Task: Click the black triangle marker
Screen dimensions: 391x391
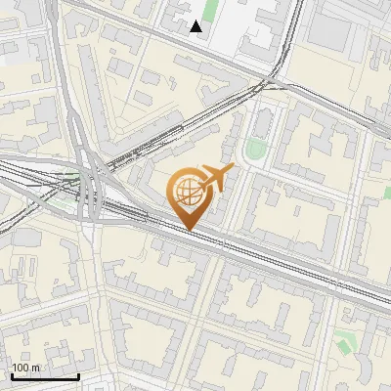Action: click(x=196, y=26)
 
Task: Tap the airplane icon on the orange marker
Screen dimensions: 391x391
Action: click(x=214, y=177)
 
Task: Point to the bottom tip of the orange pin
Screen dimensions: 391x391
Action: click(x=189, y=231)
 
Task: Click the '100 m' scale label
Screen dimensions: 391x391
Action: click(x=26, y=368)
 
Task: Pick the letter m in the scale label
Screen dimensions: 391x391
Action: click(x=37, y=368)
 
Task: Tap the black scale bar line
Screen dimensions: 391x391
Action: click(x=44, y=376)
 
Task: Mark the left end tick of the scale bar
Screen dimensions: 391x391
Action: click(x=11, y=374)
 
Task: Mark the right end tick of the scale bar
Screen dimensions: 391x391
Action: click(x=78, y=374)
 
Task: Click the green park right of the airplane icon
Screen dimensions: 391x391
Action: click(x=255, y=150)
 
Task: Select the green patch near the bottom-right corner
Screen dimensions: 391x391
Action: click(x=344, y=342)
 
